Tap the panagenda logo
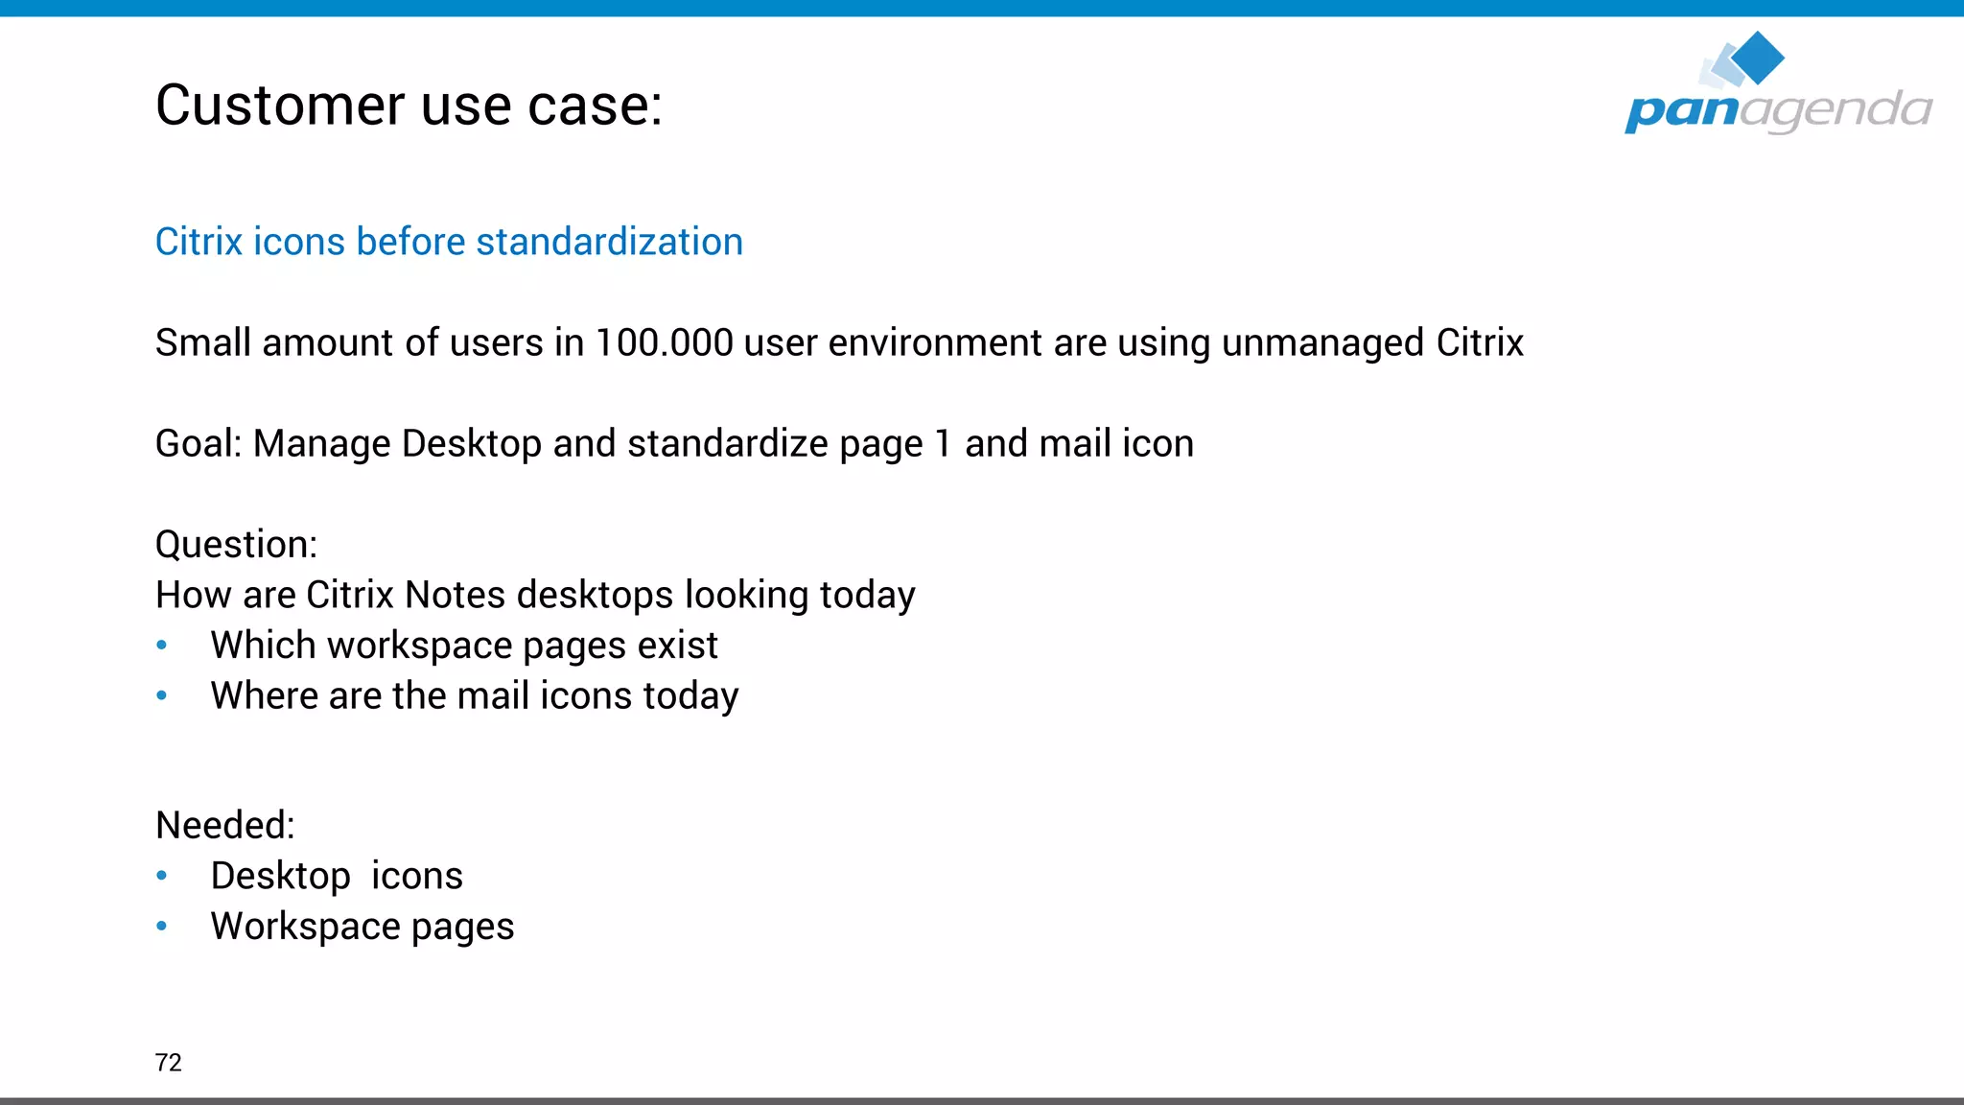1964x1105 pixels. point(1777,86)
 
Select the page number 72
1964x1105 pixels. point(168,1063)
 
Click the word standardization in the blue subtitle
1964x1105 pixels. point(609,242)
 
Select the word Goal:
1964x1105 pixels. point(199,444)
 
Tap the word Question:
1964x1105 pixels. point(236,545)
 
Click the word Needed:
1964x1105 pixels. point(224,826)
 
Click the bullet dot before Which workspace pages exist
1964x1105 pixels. point(162,646)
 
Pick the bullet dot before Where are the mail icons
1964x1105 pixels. point(162,696)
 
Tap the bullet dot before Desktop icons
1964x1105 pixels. point(162,876)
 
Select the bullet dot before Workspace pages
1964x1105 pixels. point(162,927)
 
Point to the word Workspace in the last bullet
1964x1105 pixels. point(306,927)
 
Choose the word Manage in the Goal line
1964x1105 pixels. point(322,444)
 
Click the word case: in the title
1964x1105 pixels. point(596,105)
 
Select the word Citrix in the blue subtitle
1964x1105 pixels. point(199,242)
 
